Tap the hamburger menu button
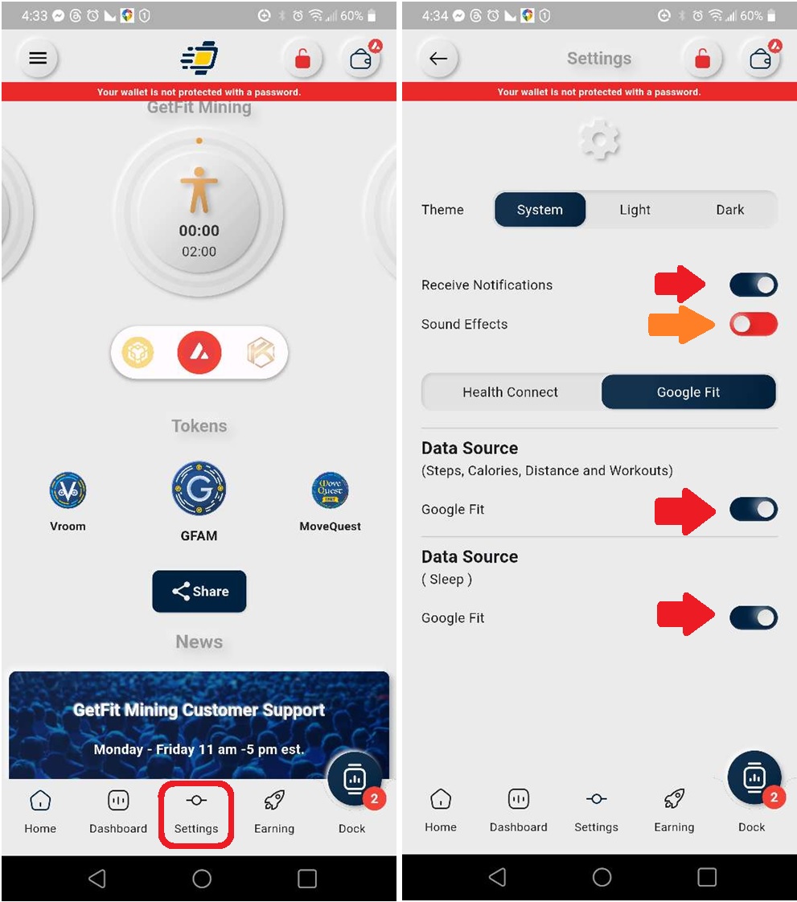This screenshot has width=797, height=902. point(38,58)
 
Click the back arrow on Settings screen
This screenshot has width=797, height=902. point(438,58)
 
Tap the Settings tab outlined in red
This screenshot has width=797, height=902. point(196,813)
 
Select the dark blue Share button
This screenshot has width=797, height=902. point(199,591)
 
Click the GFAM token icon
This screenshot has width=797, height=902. point(199,489)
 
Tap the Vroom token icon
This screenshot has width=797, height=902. point(68,490)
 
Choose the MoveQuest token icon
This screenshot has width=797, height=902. point(330,490)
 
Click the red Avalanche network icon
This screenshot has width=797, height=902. point(199,351)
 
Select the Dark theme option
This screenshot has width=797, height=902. point(729,210)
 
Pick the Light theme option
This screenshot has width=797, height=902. point(635,210)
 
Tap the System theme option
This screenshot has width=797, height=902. point(540,210)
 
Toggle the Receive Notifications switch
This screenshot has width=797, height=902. point(753,285)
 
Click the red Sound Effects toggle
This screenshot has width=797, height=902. point(753,324)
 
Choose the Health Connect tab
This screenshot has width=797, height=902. point(510,392)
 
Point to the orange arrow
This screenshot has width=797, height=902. point(682,324)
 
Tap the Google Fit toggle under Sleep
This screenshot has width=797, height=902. point(753,617)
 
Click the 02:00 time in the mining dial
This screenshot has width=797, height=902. point(199,252)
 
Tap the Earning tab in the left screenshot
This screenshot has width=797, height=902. point(274,812)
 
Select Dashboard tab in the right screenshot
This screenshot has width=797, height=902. point(518,810)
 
